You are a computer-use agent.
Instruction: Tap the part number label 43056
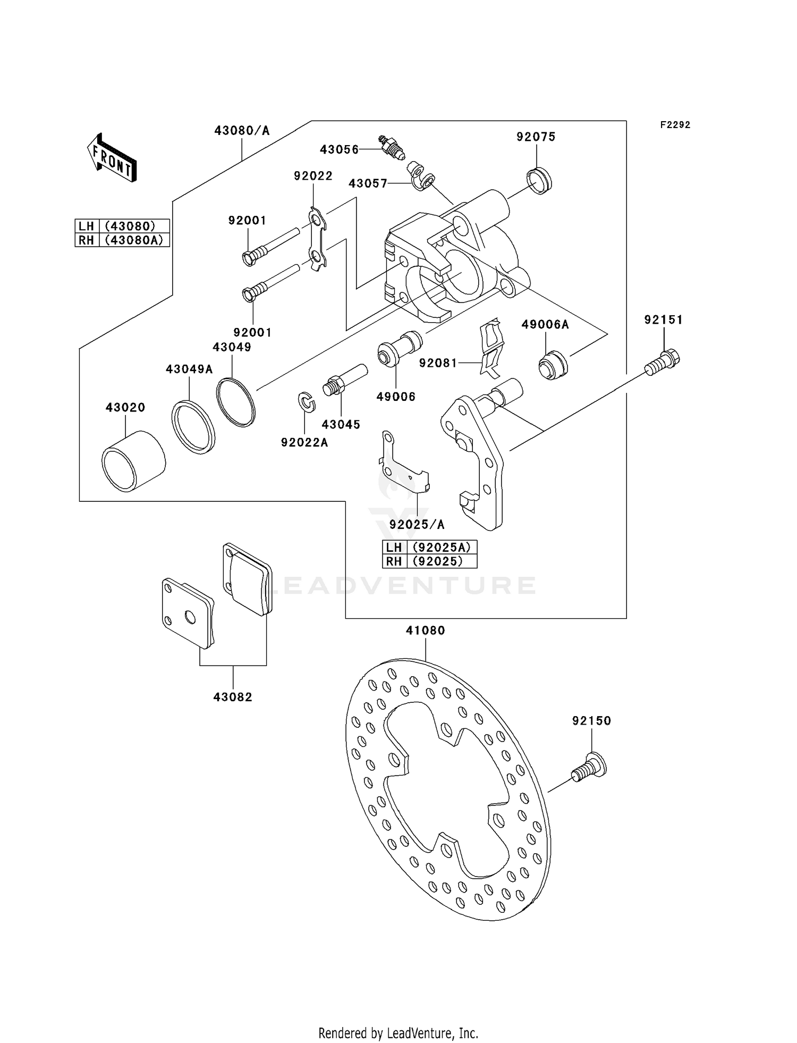(x=339, y=149)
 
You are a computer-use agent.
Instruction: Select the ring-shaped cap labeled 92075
(x=539, y=181)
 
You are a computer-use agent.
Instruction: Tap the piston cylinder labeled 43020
(x=133, y=460)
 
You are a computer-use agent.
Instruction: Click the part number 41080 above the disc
(x=425, y=630)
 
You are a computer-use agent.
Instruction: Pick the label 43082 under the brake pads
(x=233, y=696)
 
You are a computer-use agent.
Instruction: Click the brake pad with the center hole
(x=188, y=613)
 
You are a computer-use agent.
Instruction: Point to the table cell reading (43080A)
(x=134, y=240)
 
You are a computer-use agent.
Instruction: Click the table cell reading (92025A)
(x=441, y=547)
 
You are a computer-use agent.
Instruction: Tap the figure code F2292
(x=675, y=125)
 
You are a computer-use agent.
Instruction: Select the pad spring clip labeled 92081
(x=491, y=348)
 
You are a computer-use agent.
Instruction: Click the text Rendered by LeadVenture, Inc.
(x=398, y=1033)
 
